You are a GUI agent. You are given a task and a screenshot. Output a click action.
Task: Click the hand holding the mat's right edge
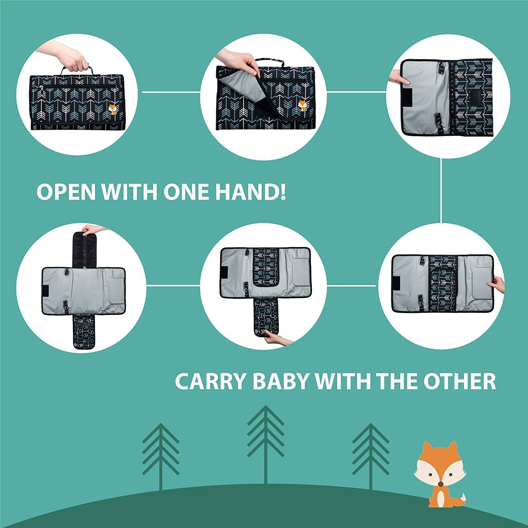pos(498,283)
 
